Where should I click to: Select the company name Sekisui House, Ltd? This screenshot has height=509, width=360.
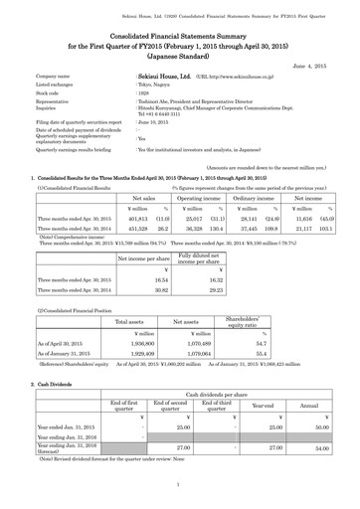pos(164,75)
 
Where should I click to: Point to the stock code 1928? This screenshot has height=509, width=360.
pos(142,93)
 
